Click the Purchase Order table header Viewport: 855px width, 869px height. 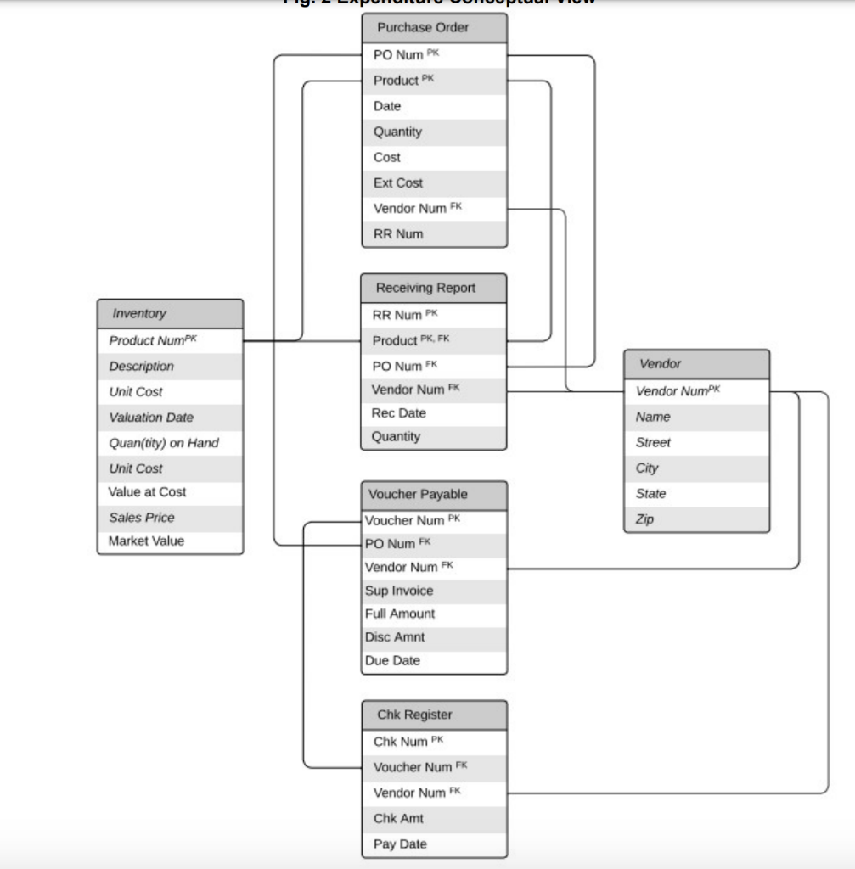[x=434, y=27]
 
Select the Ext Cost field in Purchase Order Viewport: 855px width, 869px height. [x=398, y=182]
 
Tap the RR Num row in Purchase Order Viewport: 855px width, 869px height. [x=398, y=233]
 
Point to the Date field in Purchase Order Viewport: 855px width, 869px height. [x=387, y=106]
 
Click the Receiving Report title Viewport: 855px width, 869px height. [x=434, y=288]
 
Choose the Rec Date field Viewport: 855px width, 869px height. [x=399, y=413]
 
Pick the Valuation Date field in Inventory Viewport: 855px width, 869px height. [x=151, y=417]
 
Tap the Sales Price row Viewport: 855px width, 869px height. [x=142, y=517]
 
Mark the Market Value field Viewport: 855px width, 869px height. [x=146, y=541]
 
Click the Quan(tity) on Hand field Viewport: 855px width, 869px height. [x=163, y=442]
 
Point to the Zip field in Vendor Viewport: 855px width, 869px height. [x=645, y=519]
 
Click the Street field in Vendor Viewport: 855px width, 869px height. [x=653, y=442]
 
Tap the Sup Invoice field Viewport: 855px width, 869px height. [x=399, y=591]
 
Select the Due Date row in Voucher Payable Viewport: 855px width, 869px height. [x=392, y=660]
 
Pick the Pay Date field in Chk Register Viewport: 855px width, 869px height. [x=400, y=844]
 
